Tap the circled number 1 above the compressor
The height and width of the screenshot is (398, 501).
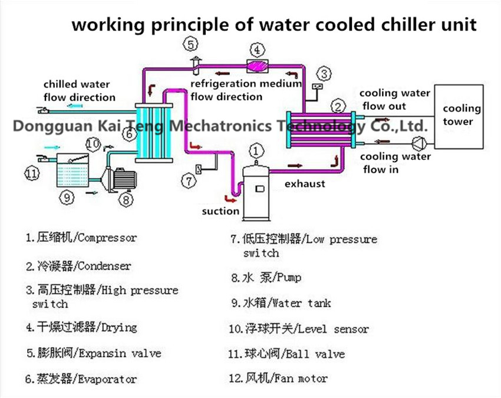(x=256, y=150)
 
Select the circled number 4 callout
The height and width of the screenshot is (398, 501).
(x=258, y=49)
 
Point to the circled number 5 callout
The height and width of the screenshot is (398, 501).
(x=189, y=44)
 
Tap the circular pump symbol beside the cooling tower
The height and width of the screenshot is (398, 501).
(x=418, y=142)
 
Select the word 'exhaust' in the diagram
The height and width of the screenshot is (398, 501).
(x=305, y=183)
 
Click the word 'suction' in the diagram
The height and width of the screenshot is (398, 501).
(x=220, y=210)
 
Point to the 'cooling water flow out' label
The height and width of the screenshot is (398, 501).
(x=395, y=100)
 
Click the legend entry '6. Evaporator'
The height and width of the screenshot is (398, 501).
(x=81, y=379)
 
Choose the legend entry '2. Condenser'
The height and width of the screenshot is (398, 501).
(x=78, y=267)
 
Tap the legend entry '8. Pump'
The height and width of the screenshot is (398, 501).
(x=266, y=277)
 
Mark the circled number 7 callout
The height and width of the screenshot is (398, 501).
(x=189, y=181)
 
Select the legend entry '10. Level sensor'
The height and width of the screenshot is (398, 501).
(x=299, y=328)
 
